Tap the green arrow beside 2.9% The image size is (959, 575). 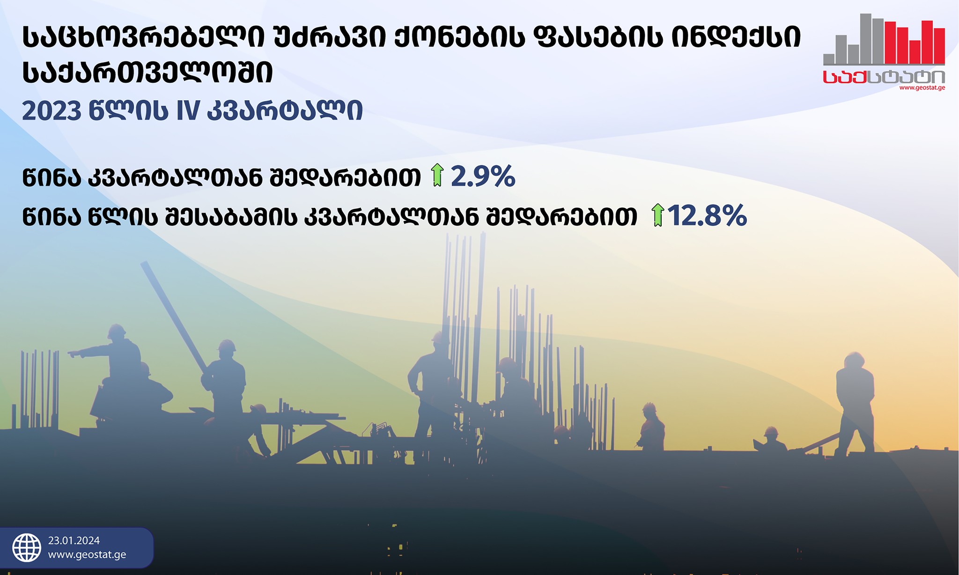click(x=437, y=175)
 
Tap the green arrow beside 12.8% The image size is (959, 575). click(x=658, y=215)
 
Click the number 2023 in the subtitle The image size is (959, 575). click(x=52, y=111)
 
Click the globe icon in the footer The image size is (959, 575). click(x=27, y=547)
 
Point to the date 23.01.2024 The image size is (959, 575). click(x=74, y=541)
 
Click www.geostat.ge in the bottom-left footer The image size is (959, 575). click(x=87, y=555)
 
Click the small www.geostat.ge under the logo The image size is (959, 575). click(x=922, y=88)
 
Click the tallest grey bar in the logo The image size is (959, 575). click(x=866, y=38)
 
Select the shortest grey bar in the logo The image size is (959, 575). click(x=829, y=59)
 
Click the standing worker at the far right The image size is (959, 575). click(x=855, y=403)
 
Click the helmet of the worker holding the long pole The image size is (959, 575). click(x=227, y=346)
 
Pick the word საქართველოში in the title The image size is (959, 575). click(x=148, y=74)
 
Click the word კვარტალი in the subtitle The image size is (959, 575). click(x=285, y=111)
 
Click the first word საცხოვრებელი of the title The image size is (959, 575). click(x=148, y=37)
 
